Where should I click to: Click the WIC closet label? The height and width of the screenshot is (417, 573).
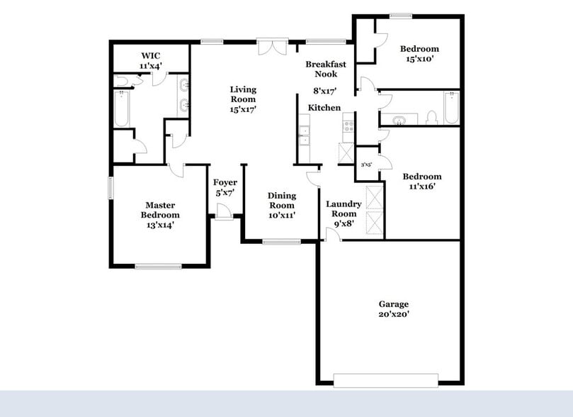click(x=151, y=60)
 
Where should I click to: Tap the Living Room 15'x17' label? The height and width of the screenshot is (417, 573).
click(x=243, y=99)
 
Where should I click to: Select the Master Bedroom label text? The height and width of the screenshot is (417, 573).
click(x=160, y=215)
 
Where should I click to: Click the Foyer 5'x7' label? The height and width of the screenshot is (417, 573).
click(x=225, y=187)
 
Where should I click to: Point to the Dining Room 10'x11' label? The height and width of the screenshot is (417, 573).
click(x=281, y=205)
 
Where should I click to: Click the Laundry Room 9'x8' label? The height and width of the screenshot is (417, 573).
click(x=344, y=213)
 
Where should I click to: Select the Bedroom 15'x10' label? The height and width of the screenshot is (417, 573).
click(x=419, y=54)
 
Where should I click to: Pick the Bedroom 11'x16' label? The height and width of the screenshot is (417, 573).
click(x=422, y=182)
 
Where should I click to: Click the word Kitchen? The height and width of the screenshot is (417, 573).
click(x=324, y=108)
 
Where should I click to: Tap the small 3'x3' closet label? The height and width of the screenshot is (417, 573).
click(x=367, y=165)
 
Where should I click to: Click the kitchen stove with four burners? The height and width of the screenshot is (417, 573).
click(x=348, y=126)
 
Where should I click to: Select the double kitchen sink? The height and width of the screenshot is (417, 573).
click(x=304, y=135)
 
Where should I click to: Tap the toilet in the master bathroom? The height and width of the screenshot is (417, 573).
click(x=122, y=82)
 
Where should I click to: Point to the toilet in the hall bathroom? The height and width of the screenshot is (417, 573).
click(x=431, y=118)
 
